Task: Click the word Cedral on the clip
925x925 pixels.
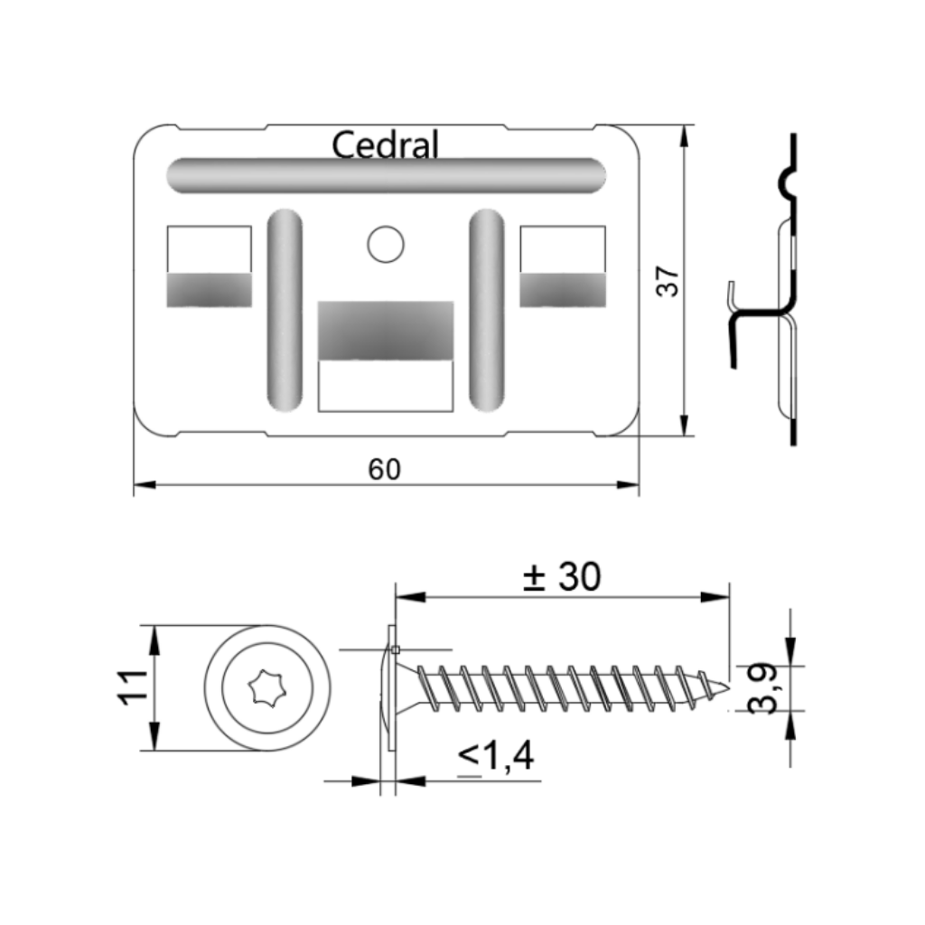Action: [385, 145]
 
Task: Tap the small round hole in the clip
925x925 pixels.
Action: [386, 244]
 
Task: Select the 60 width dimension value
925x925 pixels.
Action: [385, 470]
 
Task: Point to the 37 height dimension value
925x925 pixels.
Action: [668, 281]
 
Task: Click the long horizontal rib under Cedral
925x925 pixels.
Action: [387, 175]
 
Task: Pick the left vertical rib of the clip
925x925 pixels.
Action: [285, 310]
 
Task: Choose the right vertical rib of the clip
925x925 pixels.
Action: [487, 310]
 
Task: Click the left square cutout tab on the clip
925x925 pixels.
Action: [210, 266]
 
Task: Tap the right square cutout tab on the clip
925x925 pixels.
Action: [563, 266]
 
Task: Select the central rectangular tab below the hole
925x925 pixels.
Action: [386, 356]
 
